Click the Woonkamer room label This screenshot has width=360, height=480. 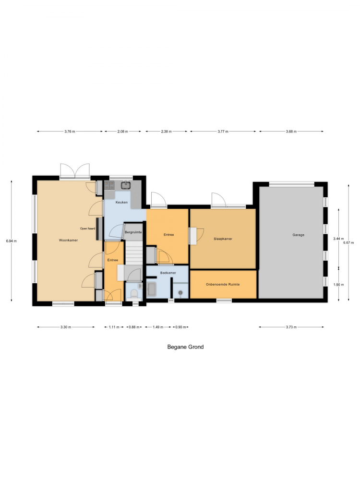point(68,240)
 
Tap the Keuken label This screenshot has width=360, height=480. point(121,203)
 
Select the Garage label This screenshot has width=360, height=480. point(298,235)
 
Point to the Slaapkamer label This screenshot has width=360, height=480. point(223,239)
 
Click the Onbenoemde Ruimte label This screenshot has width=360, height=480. point(223,284)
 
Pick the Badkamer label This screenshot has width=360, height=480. point(168,273)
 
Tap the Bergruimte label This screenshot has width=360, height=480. point(133,232)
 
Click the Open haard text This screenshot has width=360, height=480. point(87,228)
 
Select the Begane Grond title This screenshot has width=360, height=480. point(185,347)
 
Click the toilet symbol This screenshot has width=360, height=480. point(134,294)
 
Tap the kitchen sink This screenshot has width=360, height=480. point(126,185)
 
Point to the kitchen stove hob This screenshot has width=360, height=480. point(109,185)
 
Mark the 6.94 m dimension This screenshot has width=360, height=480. point(12,241)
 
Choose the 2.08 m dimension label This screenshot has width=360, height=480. point(122,132)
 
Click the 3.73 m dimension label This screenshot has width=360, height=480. point(291,327)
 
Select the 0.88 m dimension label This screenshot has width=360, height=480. point(134,327)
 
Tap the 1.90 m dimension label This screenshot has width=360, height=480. point(338,284)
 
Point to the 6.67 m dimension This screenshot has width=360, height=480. point(348,242)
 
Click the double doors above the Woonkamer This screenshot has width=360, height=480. point(75,171)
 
